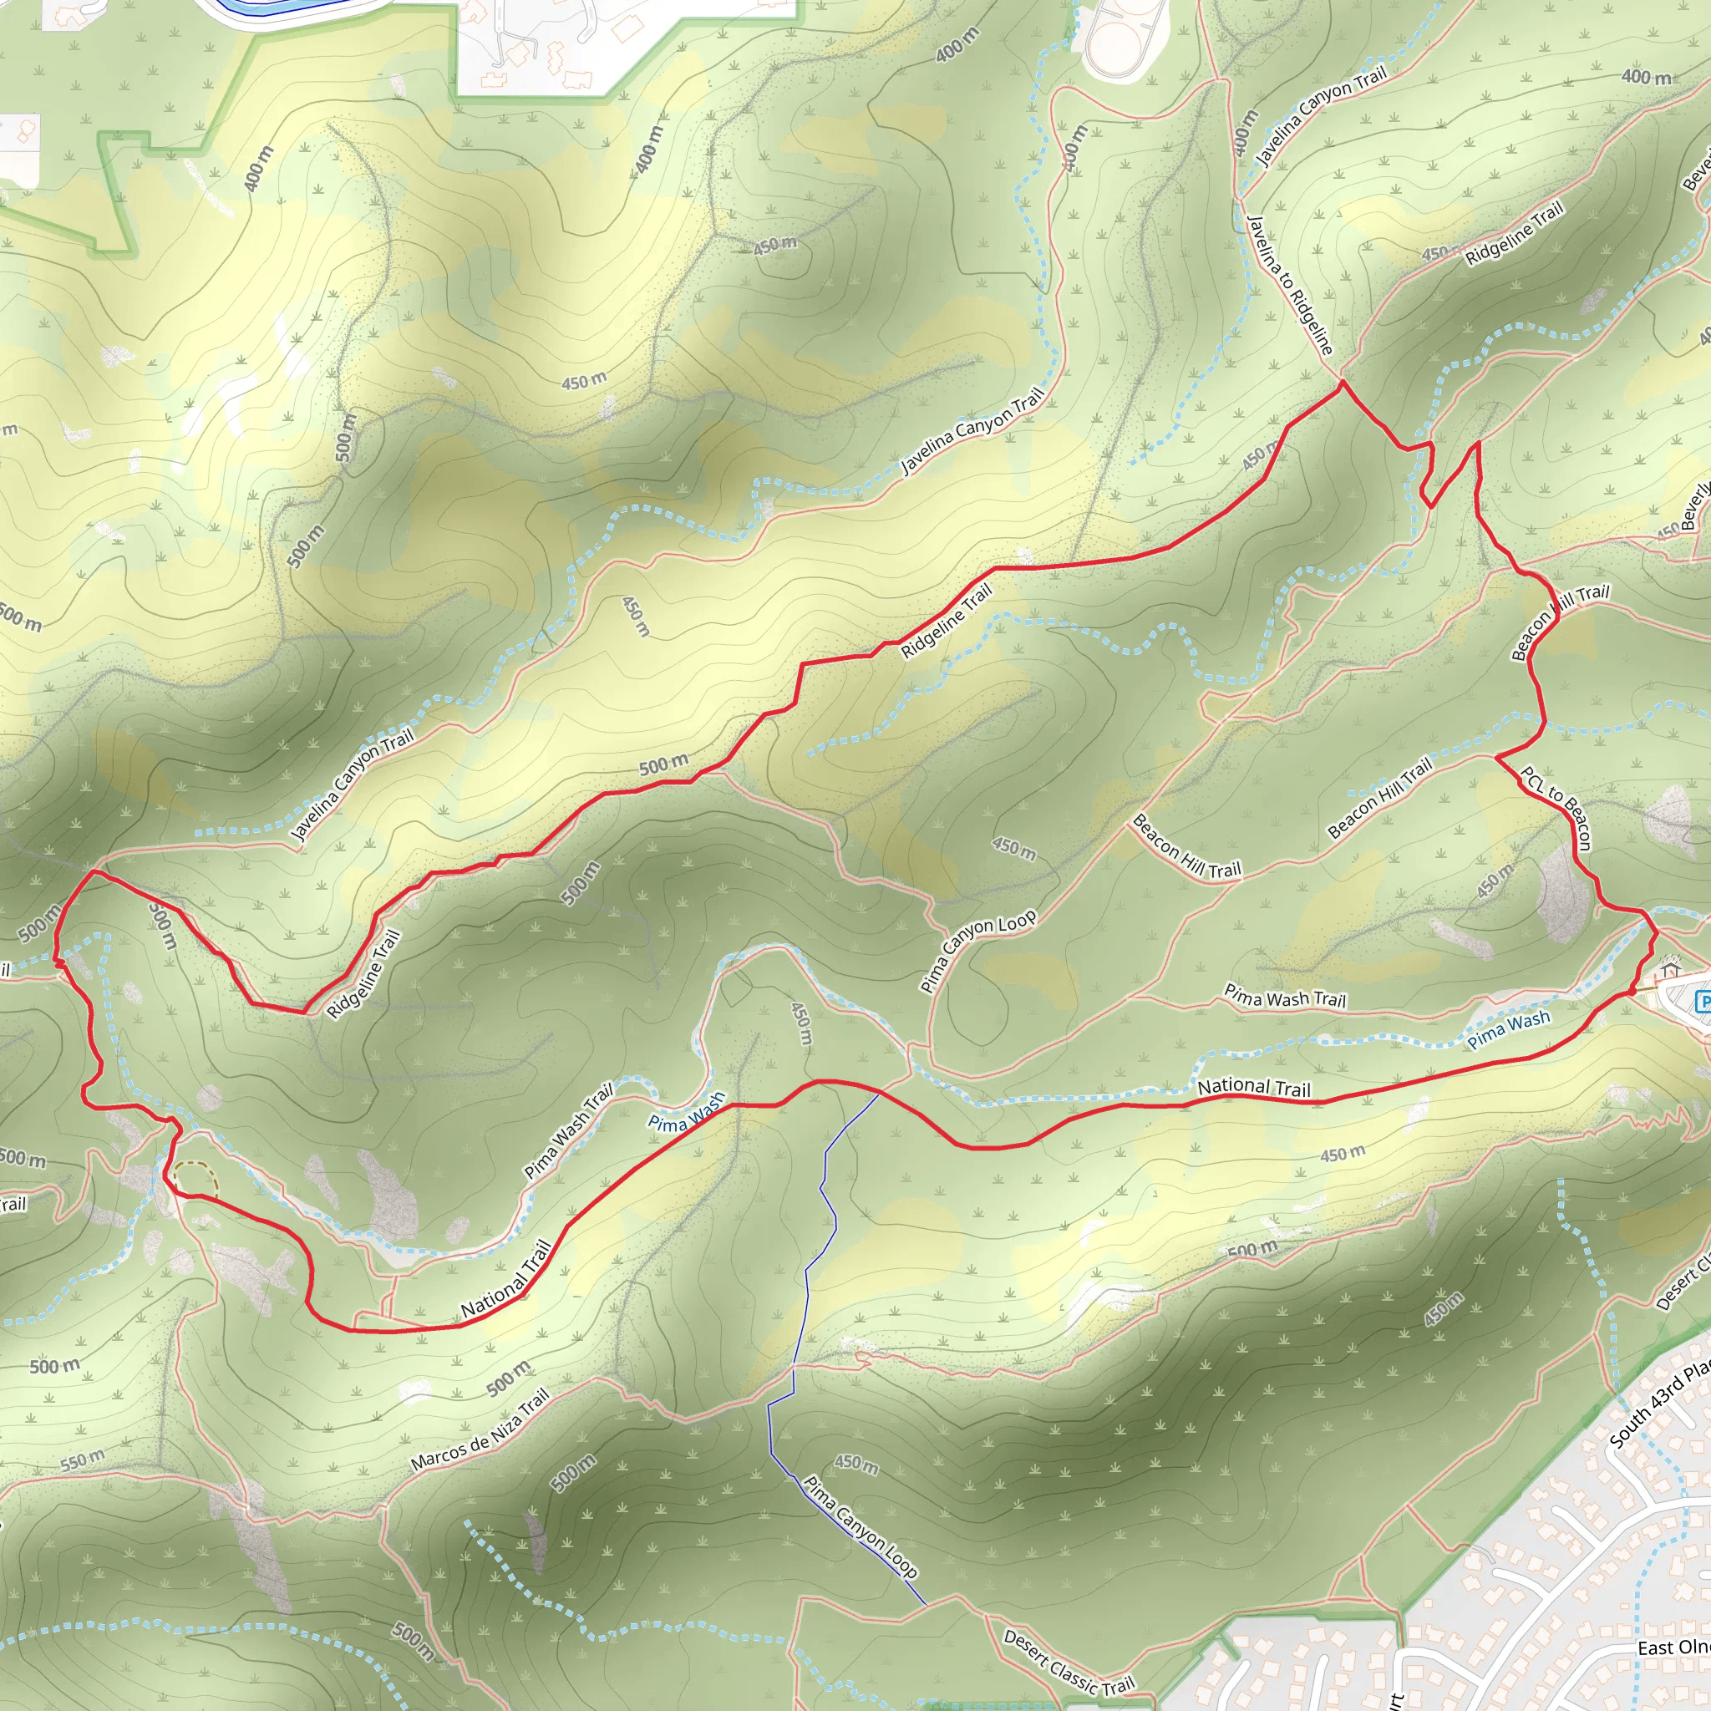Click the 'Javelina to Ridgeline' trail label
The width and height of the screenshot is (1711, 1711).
(x=1289, y=283)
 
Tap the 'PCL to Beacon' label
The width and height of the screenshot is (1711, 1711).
(x=1556, y=808)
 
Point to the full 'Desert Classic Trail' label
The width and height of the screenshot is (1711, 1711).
(x=1068, y=1663)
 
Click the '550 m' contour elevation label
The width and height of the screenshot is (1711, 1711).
(x=83, y=1460)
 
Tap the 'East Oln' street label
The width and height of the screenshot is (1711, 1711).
(x=1673, y=1648)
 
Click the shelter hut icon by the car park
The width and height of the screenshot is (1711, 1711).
(x=1670, y=962)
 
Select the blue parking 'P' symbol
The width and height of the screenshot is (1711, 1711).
(x=1703, y=1002)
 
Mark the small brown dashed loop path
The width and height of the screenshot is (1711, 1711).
(x=195, y=1178)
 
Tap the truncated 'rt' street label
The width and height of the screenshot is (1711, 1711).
(x=1397, y=1700)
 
